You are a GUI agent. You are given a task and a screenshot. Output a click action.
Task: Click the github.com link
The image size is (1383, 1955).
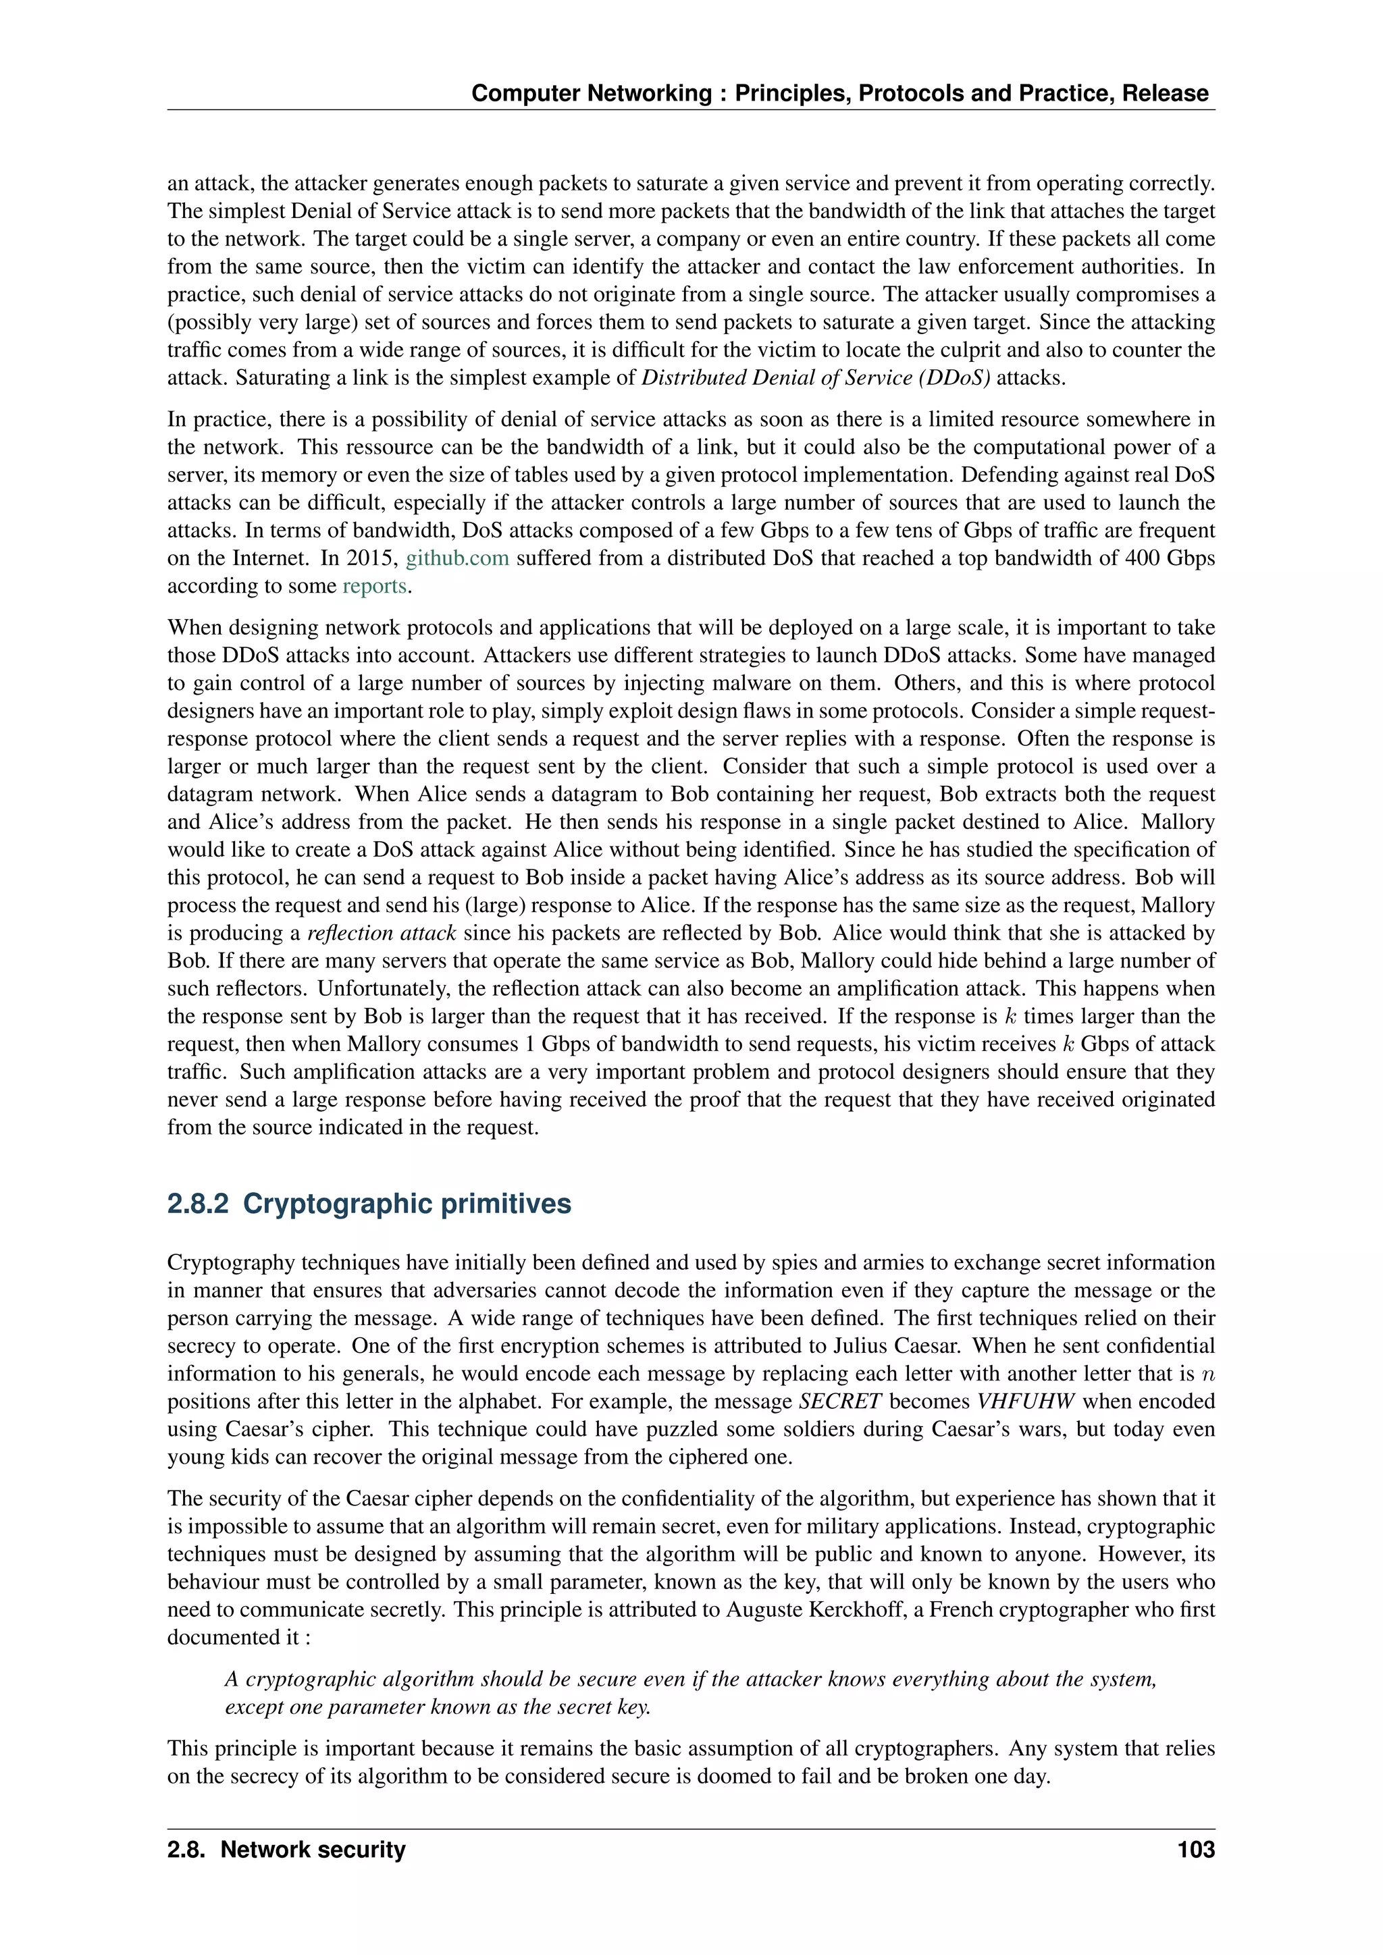click(x=457, y=558)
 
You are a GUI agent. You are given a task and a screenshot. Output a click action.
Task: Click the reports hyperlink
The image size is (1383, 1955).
click(x=375, y=586)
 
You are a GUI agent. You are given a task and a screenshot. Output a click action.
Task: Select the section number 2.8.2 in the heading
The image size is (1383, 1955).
click(x=198, y=1204)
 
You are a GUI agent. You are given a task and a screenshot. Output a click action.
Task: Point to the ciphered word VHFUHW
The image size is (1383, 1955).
click(x=1025, y=1401)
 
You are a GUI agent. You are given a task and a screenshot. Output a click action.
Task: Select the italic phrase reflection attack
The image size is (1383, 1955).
click(x=382, y=933)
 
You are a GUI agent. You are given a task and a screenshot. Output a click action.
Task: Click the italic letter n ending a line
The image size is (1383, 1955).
click(x=1207, y=1374)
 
